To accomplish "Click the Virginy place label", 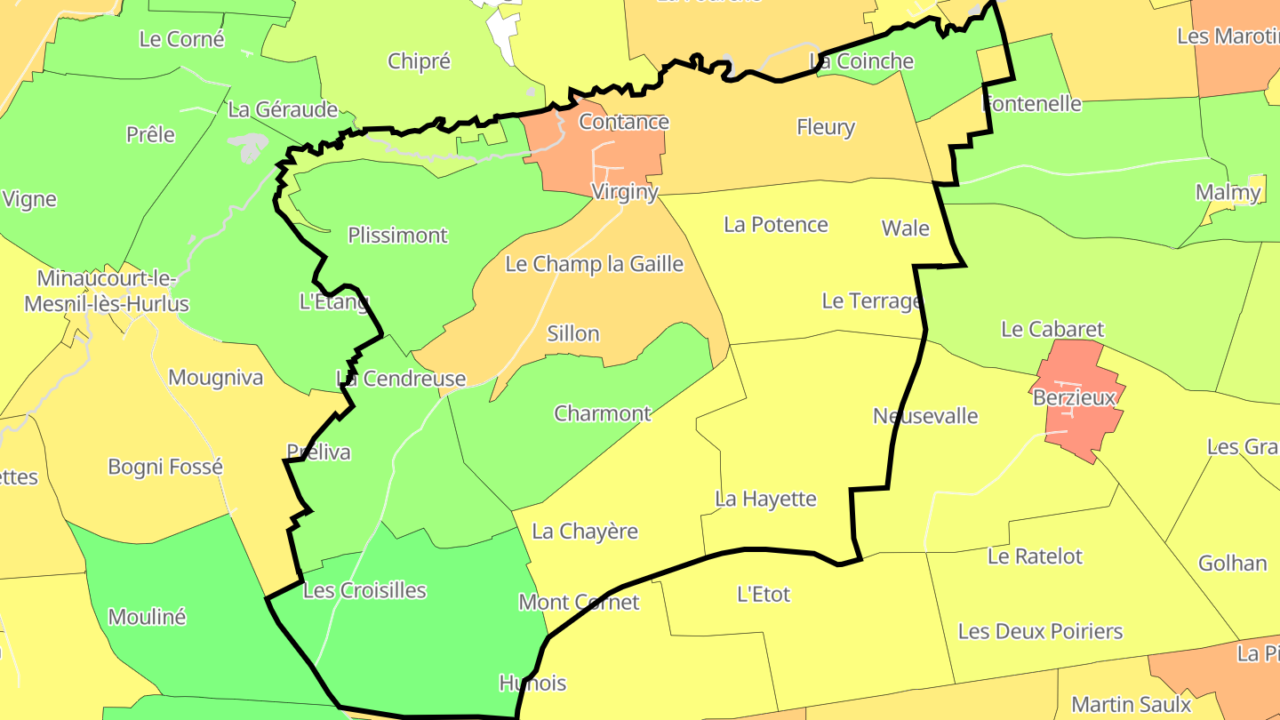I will [625, 192].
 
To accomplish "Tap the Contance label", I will [623, 122].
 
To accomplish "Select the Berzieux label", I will [1074, 397].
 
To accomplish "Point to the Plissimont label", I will [397, 236].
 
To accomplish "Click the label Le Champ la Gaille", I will [594, 264].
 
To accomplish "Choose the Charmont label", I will [602, 413].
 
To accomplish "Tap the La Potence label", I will [775, 225].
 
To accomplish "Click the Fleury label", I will [825, 128].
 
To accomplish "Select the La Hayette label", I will [765, 499].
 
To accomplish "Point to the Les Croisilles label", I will [364, 590].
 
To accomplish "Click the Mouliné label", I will [147, 617].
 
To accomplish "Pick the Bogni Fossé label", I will [165, 467].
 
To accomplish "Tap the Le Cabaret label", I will [1052, 329].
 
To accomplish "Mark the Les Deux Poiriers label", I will [1040, 632].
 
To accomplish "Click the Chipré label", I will [419, 61].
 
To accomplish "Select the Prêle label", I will [150, 134].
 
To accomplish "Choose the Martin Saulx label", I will [1130, 705].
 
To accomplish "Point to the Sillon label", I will [572, 334].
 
